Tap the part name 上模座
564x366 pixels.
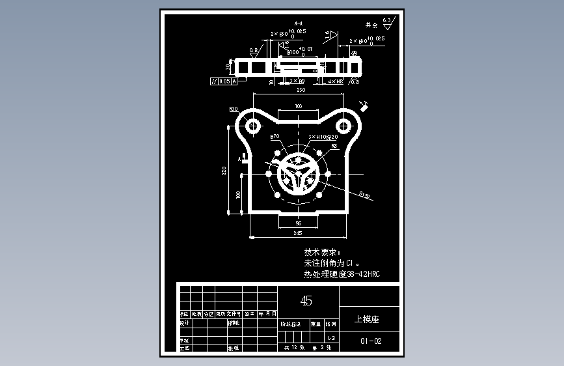click(366, 320)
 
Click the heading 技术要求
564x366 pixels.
click(322, 252)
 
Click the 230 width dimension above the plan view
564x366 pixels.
click(301, 91)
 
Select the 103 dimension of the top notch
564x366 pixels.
click(299, 106)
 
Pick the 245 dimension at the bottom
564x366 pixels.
click(298, 232)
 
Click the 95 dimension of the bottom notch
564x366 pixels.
click(298, 222)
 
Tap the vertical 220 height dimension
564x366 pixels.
click(224, 170)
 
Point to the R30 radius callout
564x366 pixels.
click(233, 109)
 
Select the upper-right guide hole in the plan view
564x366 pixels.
click(343, 124)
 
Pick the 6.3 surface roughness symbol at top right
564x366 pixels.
click(388, 21)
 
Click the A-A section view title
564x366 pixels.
click(299, 22)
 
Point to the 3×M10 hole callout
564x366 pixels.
click(323, 137)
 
